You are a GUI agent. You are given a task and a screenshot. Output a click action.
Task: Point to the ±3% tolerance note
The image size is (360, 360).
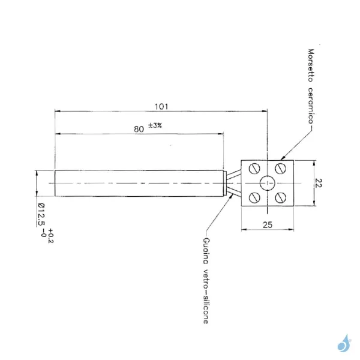tap(155, 125)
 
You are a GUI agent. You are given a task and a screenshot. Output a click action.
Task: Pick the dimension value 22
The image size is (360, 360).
tap(319, 183)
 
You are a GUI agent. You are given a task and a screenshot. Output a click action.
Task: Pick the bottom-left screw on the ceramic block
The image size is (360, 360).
tap(253, 196)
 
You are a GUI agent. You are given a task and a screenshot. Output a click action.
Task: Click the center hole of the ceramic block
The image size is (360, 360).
tap(267, 183)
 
